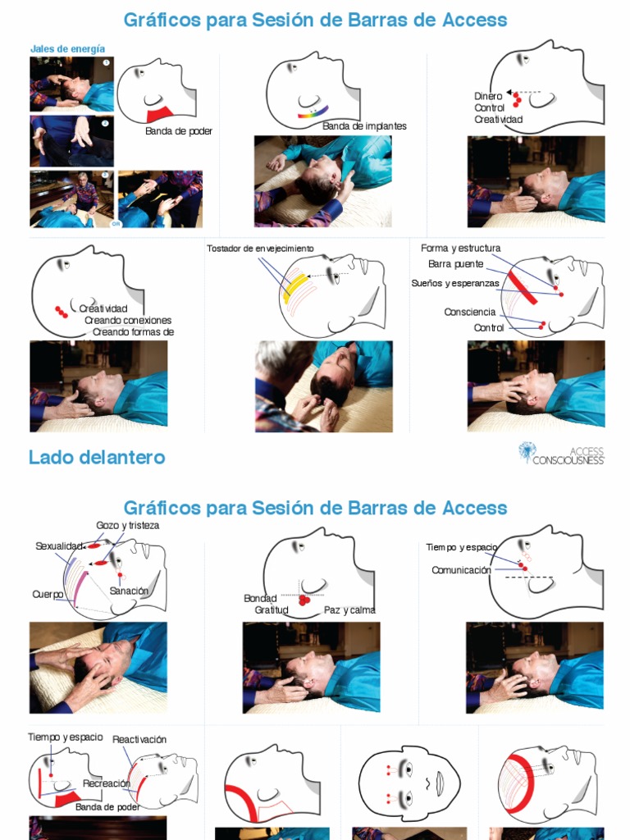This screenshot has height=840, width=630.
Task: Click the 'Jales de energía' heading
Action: pos(67,48)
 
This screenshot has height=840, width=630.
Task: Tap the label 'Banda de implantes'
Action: pos(364,126)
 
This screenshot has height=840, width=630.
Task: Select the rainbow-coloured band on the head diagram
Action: pos(314,112)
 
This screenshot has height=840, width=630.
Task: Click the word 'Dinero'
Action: pos(488,96)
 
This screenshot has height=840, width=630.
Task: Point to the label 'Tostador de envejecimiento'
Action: pos(260,249)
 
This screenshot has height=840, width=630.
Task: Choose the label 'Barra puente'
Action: pos(456,264)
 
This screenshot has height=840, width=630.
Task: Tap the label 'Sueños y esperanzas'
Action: pos(455,283)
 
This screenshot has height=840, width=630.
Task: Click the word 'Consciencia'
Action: pos(470,313)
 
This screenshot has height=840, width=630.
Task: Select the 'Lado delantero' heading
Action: pos(97,458)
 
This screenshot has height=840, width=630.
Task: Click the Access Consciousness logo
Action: pos(561,453)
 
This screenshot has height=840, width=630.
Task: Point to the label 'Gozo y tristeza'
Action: pos(127,526)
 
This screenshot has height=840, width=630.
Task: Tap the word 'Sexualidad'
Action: pos(59,546)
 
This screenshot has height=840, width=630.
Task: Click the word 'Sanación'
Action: pos(129,591)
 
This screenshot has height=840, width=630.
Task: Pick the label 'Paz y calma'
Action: pos(349,610)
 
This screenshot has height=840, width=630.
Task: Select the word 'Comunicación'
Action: pos(461,570)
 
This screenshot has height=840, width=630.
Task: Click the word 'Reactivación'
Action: pos(139,739)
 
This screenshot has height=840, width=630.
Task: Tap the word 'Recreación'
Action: pos(107,783)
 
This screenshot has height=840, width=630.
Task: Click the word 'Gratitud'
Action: pos(272,610)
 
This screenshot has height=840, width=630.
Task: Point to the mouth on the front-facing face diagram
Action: pos(441,785)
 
